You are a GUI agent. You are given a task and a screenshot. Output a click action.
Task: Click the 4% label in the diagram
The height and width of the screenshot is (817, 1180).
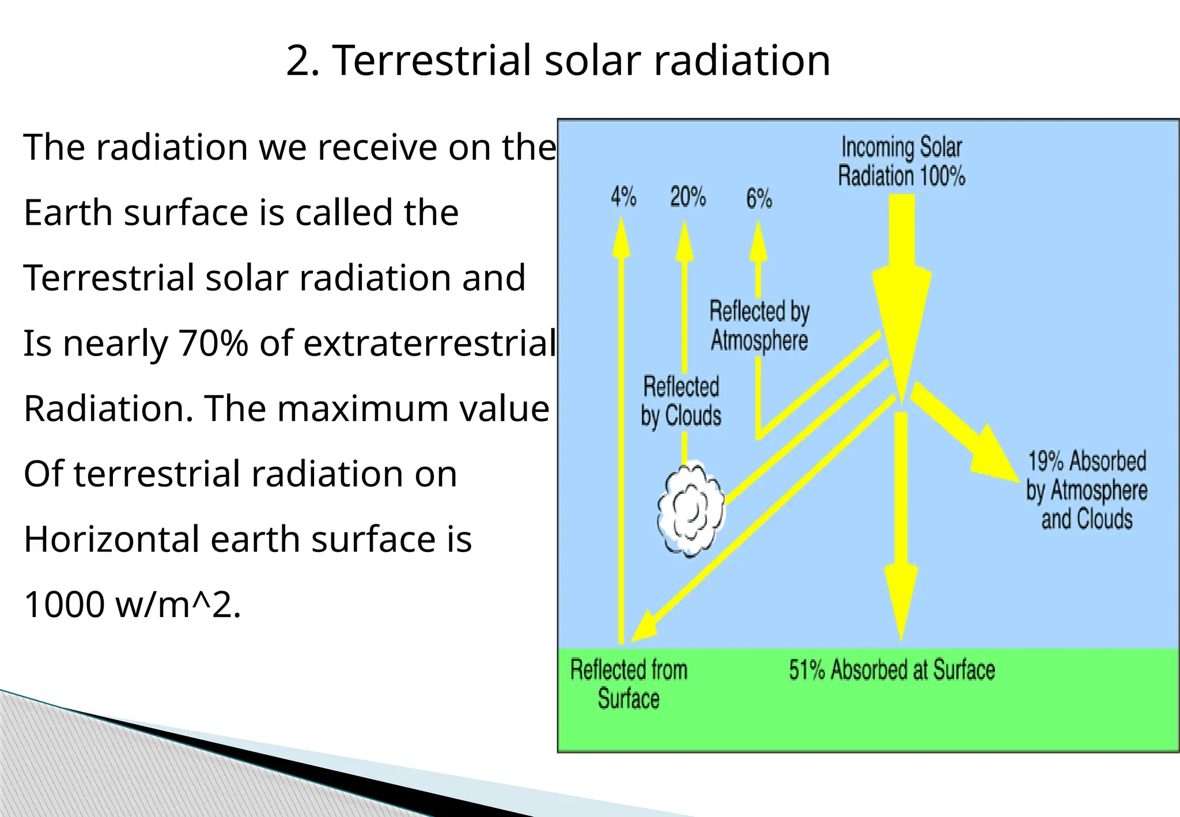[x=623, y=197]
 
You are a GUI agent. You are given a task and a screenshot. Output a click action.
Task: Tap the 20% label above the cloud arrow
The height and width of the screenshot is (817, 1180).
[x=688, y=197]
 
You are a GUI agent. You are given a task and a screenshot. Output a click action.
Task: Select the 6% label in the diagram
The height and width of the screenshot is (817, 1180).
[x=759, y=199]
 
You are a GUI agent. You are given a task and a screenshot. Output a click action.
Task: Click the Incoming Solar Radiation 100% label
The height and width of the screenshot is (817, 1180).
[x=901, y=161]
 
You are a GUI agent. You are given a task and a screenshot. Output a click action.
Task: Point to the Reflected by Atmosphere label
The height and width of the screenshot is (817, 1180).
[x=759, y=326]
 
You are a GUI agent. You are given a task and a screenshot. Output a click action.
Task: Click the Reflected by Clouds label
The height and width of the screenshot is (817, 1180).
[x=681, y=401]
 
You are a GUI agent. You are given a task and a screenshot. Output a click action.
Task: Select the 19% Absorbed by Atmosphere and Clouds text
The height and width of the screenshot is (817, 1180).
[x=1087, y=490]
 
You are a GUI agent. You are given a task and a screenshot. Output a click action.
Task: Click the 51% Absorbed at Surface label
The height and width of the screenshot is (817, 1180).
[x=892, y=670]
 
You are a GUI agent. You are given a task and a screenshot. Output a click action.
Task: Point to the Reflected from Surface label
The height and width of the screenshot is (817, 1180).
[x=629, y=684]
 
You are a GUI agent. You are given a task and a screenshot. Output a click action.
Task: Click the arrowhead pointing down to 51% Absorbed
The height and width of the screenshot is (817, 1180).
[x=901, y=599]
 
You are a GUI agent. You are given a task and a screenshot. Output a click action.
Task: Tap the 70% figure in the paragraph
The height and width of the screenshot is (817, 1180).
[x=213, y=343]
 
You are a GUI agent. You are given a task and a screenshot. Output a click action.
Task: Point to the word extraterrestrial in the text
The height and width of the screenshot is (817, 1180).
[x=430, y=343]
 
